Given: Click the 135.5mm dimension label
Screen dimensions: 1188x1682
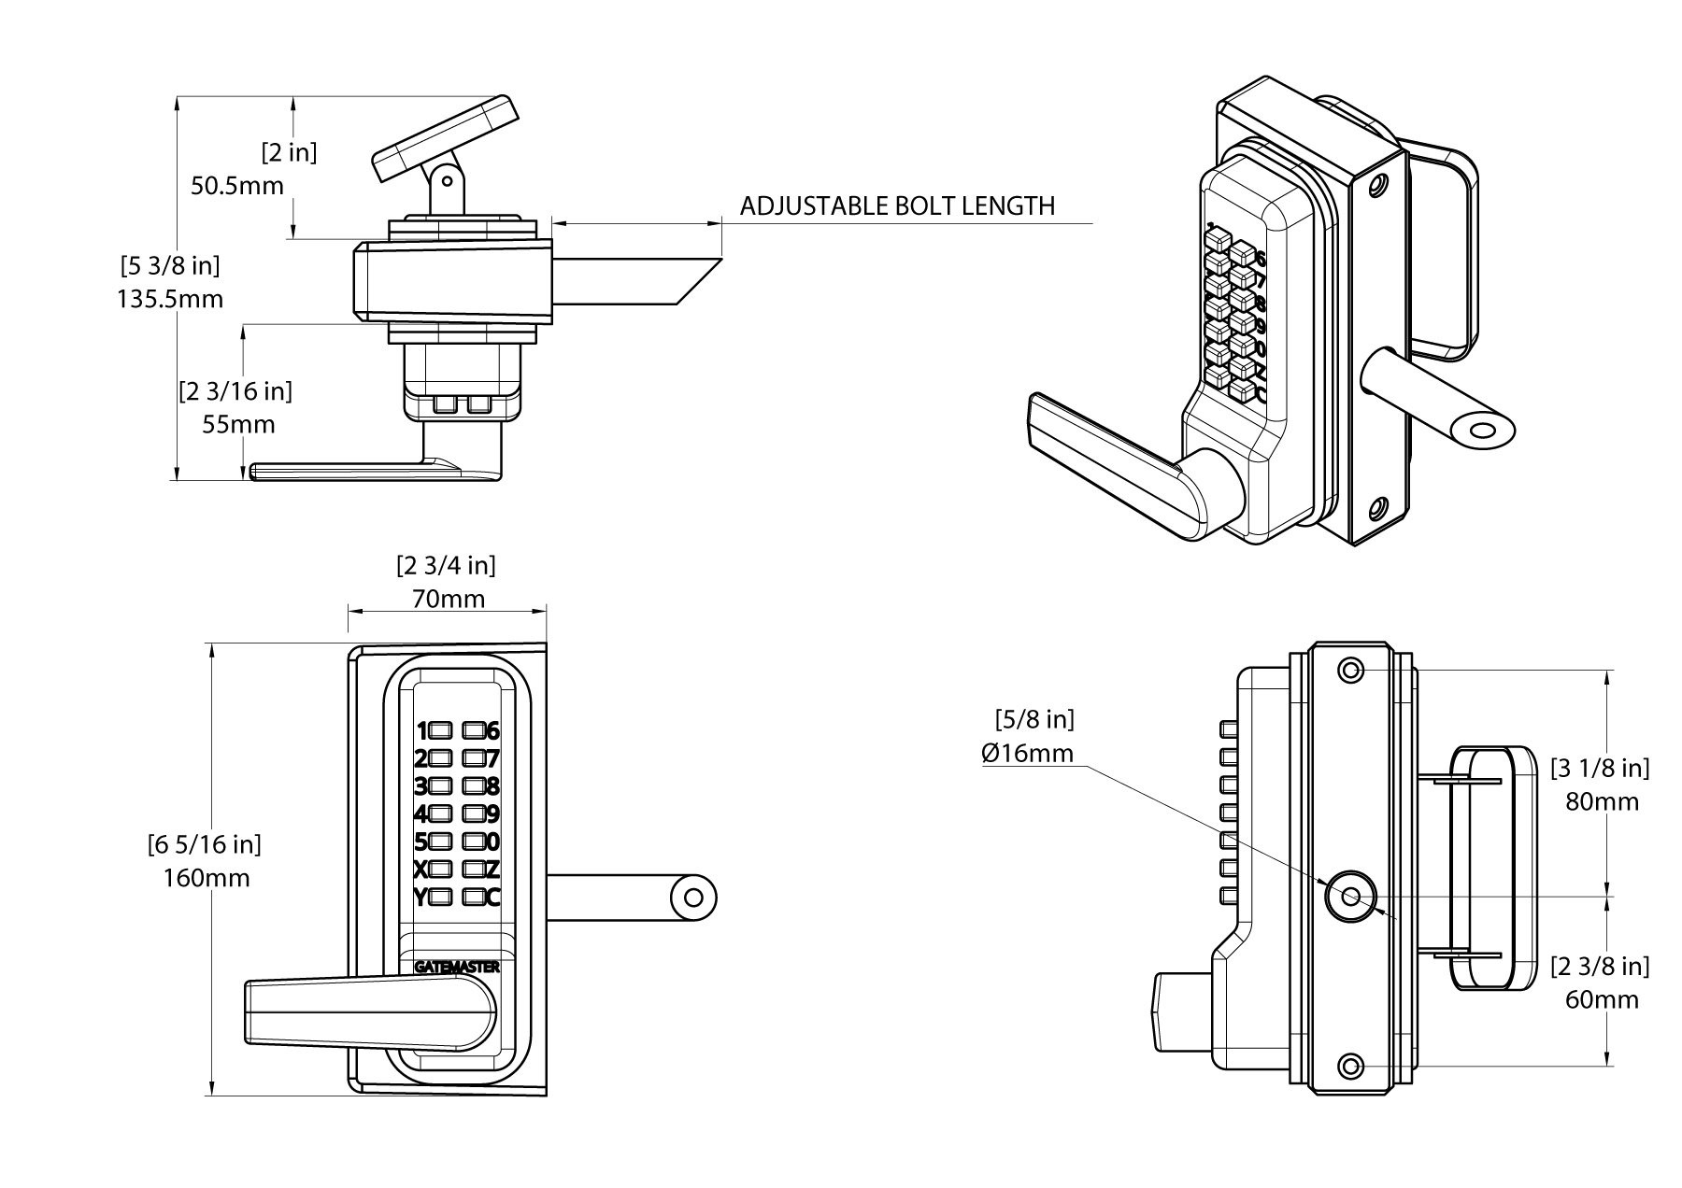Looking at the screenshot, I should coord(170,299).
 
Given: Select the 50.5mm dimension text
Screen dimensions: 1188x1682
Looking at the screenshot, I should coord(237,186).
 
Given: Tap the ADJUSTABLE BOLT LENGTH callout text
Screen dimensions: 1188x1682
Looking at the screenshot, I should coord(897,206).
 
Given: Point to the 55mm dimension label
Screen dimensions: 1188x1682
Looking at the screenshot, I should coord(239,425).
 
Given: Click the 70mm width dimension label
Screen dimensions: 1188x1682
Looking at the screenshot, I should coord(449,599).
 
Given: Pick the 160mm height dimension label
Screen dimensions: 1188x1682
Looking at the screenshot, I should coord(207,879).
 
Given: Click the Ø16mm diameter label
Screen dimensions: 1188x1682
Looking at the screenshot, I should coord(1028,753).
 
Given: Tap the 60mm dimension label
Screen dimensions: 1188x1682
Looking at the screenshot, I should coord(1602,1000).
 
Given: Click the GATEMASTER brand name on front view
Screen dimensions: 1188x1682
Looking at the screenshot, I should coord(456,968).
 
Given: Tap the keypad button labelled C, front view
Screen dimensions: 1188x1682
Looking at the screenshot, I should coord(474,898).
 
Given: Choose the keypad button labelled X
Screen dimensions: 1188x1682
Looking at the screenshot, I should coord(441,870).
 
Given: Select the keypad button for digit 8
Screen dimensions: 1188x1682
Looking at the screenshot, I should coord(474,785).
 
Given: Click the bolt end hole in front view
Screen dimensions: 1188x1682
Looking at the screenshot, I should coord(692,898).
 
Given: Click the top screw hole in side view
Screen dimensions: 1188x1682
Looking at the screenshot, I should coord(1350,670).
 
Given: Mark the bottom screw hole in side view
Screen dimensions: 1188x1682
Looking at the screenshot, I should coord(1350,1066).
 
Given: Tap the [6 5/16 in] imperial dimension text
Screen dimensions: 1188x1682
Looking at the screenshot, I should coord(205,845).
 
